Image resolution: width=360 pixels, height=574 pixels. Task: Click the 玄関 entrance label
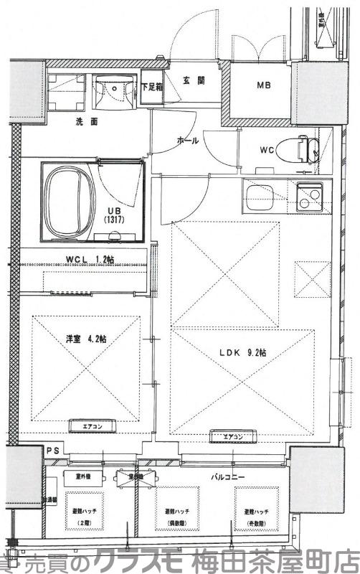[189, 80]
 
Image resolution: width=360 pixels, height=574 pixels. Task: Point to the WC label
[266, 150]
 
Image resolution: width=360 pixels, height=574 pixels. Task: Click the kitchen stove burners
[308, 198]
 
